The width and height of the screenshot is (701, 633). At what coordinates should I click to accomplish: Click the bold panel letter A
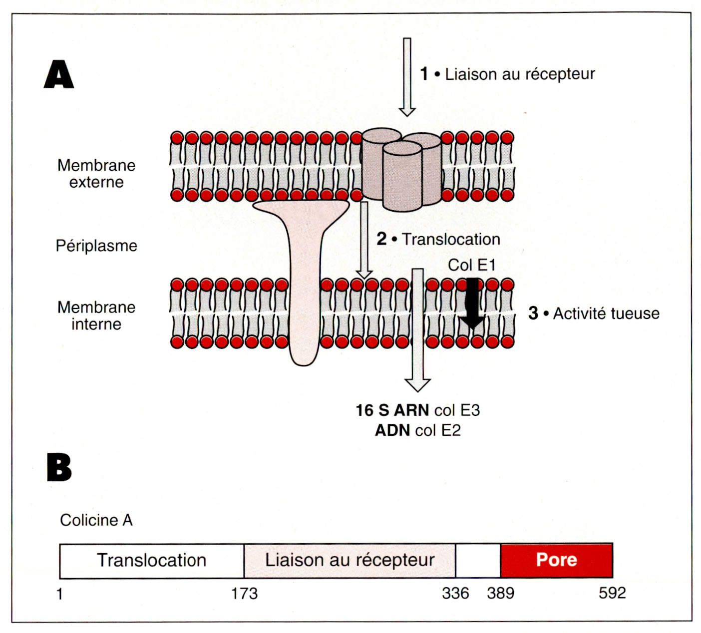pos(59,75)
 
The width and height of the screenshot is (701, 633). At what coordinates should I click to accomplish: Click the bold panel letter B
pos(59,467)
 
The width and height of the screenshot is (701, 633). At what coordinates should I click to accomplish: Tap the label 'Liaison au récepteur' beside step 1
pos(519,74)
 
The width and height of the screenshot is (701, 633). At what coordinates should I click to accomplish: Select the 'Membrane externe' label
pos(96,173)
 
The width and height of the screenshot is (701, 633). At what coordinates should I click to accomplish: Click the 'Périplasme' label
pos(96,246)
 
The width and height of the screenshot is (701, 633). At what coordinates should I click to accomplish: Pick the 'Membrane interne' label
pos(96,316)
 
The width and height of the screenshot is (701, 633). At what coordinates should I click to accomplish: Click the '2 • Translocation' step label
pos(438,239)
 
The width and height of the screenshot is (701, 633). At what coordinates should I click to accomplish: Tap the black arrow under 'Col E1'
pos(472,304)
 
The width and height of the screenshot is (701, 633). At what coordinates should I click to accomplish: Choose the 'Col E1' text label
pos(471,265)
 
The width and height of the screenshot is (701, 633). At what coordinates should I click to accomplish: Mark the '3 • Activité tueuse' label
pos(594,314)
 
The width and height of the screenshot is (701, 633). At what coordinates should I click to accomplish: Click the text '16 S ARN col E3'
pos(417,410)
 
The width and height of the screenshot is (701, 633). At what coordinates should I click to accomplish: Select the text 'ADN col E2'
pos(417,430)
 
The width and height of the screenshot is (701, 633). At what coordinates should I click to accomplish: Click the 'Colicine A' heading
pos(96,520)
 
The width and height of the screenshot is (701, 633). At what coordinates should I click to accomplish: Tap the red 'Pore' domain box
pos(556,560)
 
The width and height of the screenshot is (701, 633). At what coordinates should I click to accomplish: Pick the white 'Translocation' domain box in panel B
pos(151,560)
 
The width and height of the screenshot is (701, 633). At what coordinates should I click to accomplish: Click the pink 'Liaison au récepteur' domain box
pos(350,560)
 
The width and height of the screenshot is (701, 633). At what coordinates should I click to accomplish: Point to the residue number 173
pos(244,594)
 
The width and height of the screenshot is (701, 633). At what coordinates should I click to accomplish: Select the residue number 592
pos(612,593)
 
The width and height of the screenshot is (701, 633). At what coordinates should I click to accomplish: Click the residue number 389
pos(500,593)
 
